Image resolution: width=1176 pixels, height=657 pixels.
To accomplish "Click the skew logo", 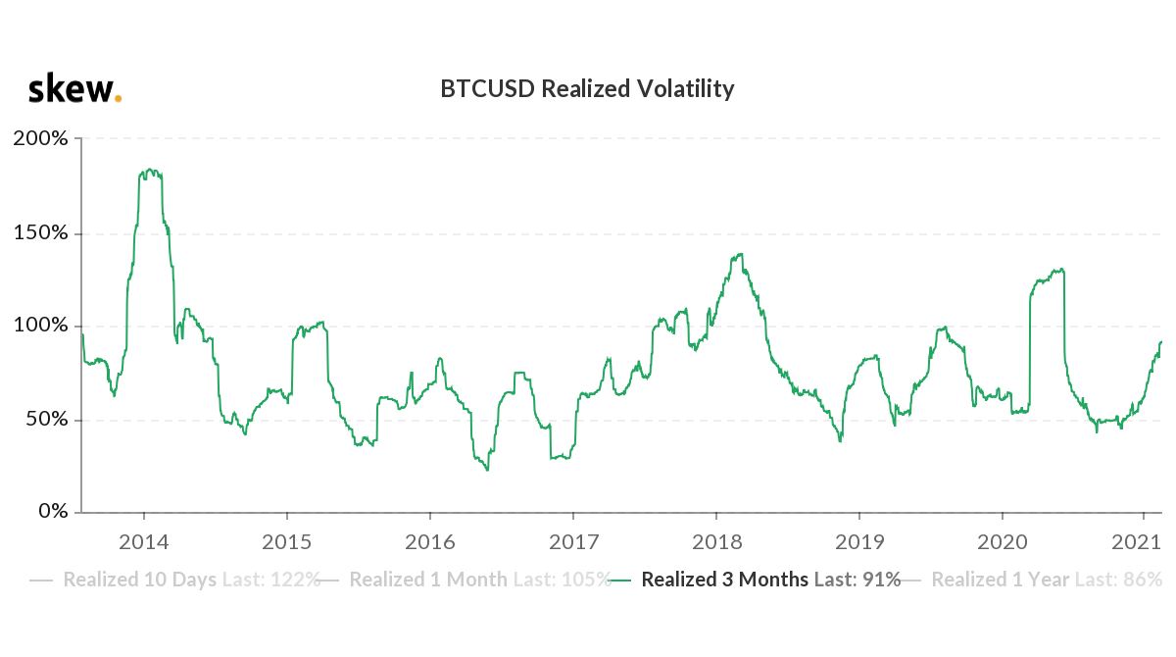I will [74, 89].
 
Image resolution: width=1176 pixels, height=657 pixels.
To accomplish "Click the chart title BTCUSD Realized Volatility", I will [587, 89].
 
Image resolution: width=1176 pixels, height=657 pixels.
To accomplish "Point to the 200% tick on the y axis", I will [40, 138].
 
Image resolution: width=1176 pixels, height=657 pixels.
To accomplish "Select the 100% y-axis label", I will [40, 326].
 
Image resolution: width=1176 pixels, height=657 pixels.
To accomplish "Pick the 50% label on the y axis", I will [45, 419].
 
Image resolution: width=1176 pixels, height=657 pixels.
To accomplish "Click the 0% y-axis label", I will [50, 512].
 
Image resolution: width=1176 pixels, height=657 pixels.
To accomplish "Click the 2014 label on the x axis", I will [144, 542].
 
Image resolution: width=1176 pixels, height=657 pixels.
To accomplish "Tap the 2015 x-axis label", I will [286, 542].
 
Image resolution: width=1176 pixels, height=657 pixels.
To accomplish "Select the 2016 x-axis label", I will [429, 542].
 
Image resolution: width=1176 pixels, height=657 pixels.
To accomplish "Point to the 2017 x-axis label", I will [572, 542].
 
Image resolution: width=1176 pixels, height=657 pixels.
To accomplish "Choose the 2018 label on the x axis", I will [715, 542].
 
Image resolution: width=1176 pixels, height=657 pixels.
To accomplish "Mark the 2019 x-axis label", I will [858, 542].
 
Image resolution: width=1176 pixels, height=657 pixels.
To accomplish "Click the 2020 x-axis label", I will [1002, 542].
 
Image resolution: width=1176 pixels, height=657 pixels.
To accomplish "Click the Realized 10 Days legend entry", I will [176, 580].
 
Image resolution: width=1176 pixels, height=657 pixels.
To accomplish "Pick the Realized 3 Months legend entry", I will [755, 580].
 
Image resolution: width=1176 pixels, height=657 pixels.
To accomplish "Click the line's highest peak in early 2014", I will [148, 171].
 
